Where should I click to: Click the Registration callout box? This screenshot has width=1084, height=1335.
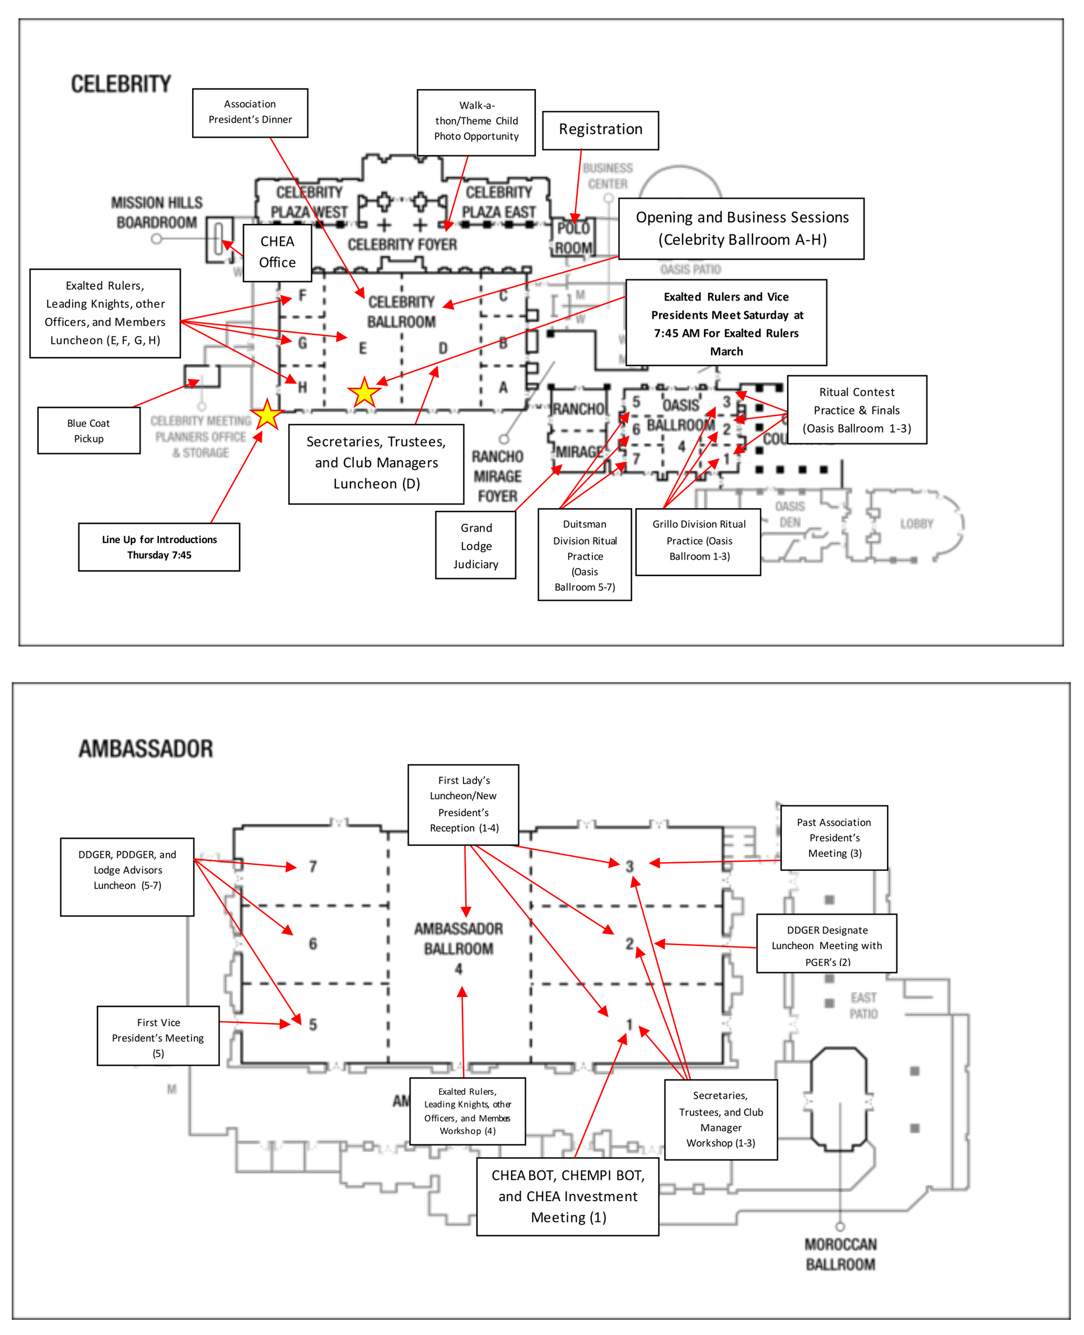coord(600,130)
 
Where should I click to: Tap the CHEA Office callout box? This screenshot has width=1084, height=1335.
coord(277,252)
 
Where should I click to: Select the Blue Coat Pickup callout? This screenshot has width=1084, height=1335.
coord(88,430)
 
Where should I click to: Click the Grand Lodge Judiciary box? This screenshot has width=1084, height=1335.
coord(476,546)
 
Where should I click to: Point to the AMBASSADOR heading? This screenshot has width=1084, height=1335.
coord(146,748)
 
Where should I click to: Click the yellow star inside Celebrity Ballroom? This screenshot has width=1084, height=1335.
coord(364,392)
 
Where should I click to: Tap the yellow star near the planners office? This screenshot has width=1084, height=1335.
coord(267,415)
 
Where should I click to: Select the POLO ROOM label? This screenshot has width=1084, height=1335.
coord(573,238)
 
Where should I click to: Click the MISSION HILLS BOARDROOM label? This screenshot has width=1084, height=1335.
coord(157,212)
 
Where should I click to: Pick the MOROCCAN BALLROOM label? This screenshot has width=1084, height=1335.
coord(840,1254)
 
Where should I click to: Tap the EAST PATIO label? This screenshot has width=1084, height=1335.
coord(863,1005)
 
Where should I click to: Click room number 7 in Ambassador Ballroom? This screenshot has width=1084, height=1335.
coord(313,866)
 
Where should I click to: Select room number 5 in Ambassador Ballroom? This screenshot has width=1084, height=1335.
coord(313,1024)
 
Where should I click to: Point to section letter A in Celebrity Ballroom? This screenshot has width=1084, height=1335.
coord(503,387)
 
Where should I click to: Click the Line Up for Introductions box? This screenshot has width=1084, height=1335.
coord(159,547)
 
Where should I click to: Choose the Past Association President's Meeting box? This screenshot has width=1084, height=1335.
coord(834,837)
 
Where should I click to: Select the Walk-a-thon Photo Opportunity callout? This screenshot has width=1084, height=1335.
coord(476,121)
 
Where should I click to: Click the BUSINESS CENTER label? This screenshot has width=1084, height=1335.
coord(608,176)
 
